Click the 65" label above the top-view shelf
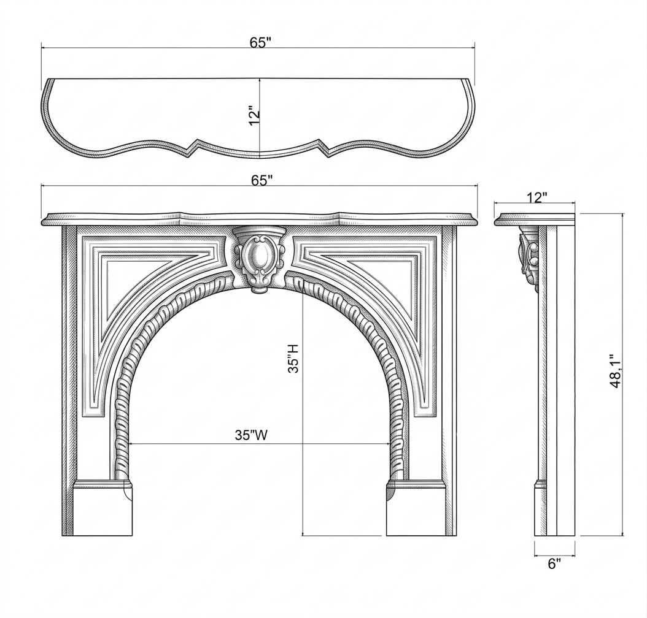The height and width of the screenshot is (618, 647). [x=260, y=42]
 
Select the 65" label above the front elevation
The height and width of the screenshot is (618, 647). [x=262, y=180]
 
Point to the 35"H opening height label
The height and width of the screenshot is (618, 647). [x=293, y=359]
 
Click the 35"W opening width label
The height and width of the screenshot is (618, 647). [x=251, y=435]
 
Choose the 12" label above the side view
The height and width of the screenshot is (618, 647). [x=537, y=197]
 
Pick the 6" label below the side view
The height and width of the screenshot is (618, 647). [x=554, y=563]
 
